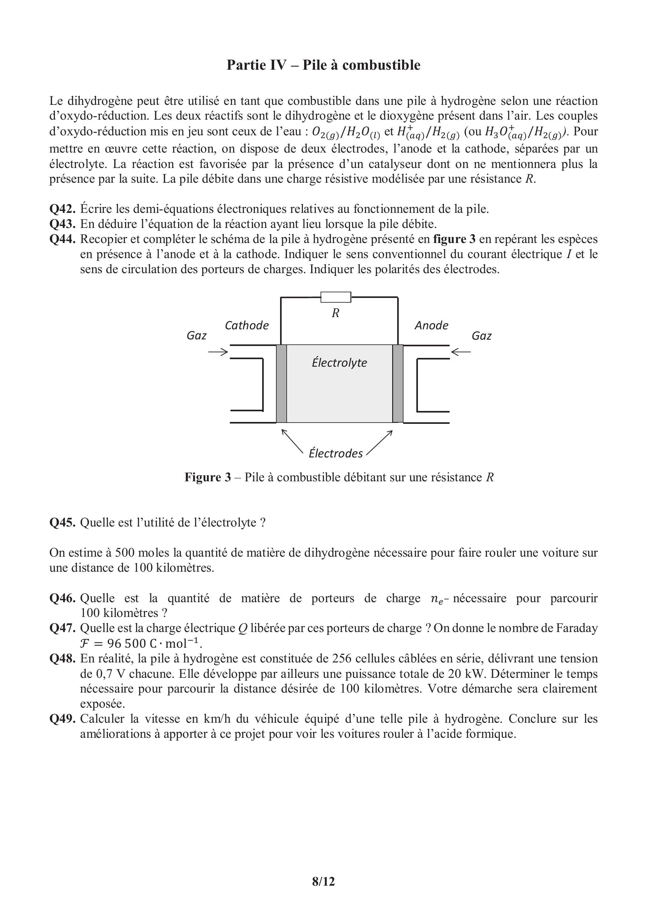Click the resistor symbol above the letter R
click(336, 297)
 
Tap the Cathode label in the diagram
click(246, 326)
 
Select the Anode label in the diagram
click(431, 326)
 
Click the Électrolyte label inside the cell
click(339, 363)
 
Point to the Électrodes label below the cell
click(336, 453)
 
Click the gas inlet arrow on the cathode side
click(218, 352)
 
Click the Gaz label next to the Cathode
click(196, 336)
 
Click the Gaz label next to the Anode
click(481, 336)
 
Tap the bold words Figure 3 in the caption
click(208, 478)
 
